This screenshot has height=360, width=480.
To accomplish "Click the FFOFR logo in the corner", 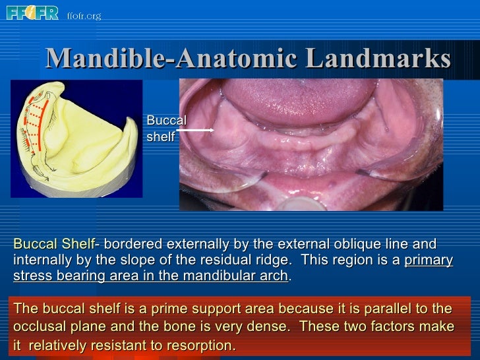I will [32, 13].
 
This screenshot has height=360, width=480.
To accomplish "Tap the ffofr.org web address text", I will [84, 15].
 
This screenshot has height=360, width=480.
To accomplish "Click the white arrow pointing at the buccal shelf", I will [195, 131].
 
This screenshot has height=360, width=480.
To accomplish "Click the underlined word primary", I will [428, 260].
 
